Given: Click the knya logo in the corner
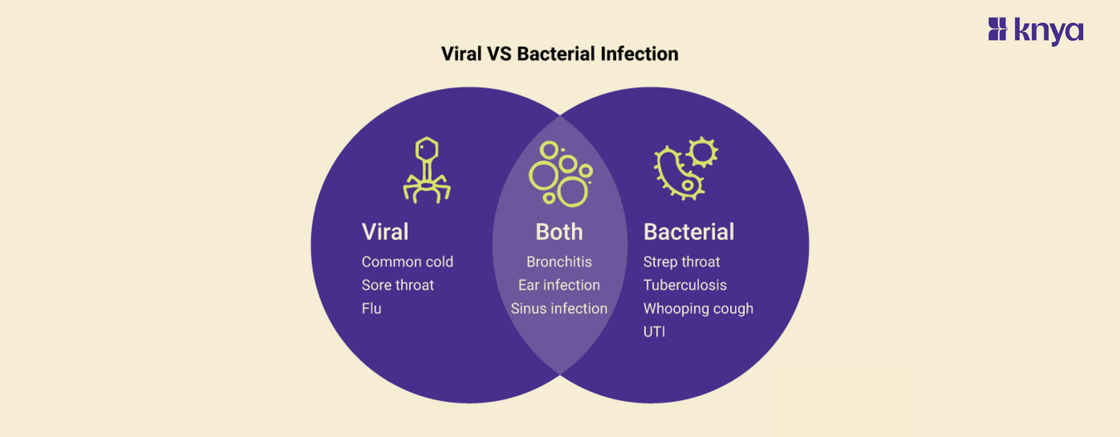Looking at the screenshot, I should tap(1035, 31).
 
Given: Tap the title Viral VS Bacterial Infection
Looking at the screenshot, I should tap(559, 54).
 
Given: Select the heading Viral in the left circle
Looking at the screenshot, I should tap(385, 231).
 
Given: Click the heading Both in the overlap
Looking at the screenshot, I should tap(559, 231).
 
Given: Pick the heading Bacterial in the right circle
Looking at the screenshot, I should tap(689, 231).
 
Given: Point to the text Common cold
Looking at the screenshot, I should tap(407, 262).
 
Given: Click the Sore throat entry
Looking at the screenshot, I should tap(398, 285).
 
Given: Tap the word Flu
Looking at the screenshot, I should tap(372, 308).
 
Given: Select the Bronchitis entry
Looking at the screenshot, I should tap(559, 262).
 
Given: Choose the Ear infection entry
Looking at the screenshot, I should tap(559, 285).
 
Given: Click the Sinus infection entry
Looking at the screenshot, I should tap(559, 308).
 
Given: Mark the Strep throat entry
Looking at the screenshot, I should tap(681, 262).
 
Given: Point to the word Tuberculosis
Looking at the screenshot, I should tap(685, 285).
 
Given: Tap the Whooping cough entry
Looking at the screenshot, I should tap(698, 308).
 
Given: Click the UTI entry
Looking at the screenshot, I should tap(654, 331).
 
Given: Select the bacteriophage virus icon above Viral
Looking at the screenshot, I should tap(426, 171).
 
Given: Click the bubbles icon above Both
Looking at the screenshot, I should tap(560, 174).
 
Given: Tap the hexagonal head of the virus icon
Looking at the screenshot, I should tap(426, 149).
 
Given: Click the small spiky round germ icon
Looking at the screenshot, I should tap(702, 152).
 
